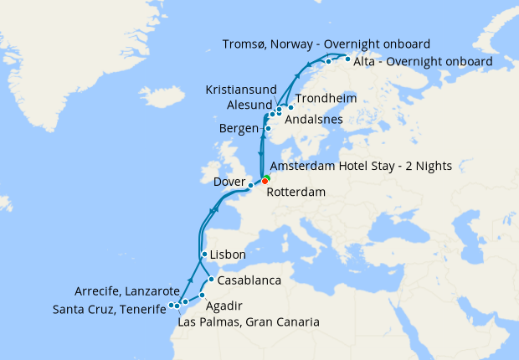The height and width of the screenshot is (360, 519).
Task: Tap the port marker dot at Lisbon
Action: pyautogui.click(x=204, y=254)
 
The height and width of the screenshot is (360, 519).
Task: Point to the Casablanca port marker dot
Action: pyautogui.click(x=212, y=280)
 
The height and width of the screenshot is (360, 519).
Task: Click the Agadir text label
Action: pyautogui.click(x=225, y=306)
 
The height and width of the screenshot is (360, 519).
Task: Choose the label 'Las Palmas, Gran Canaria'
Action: pyautogui.click(x=249, y=321)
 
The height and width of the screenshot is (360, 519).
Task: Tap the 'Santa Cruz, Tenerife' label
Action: pyautogui.click(x=109, y=309)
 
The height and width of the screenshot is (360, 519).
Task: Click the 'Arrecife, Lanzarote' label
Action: pyautogui.click(x=127, y=292)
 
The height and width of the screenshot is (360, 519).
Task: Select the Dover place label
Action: pyautogui.click(x=229, y=181)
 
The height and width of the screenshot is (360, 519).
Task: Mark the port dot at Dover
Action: pyautogui.click(x=251, y=183)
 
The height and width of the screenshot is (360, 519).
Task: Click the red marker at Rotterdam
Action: pyautogui.click(x=265, y=181)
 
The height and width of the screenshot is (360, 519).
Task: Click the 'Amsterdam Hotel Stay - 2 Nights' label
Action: pyautogui.click(x=361, y=167)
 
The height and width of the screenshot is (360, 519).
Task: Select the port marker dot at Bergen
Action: pyautogui.click(x=268, y=129)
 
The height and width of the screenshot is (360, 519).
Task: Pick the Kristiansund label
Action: pyautogui.click(x=244, y=88)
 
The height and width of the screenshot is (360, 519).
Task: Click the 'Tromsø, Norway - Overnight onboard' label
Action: pyautogui.click(x=327, y=44)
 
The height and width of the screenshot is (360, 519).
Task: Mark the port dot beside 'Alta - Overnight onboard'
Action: pyautogui.click(x=347, y=59)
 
